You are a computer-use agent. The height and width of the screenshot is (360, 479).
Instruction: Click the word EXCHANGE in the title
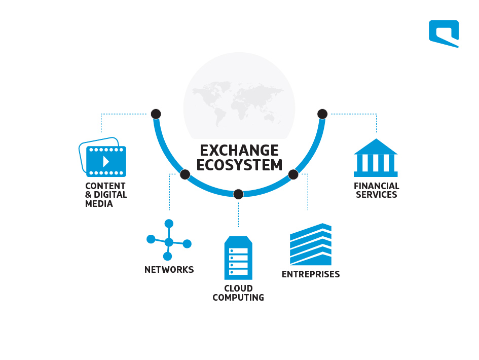(x=239, y=151)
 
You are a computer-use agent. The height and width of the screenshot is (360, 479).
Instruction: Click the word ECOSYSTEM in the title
(x=239, y=165)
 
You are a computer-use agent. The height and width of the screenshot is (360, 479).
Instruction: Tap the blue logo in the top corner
(x=444, y=33)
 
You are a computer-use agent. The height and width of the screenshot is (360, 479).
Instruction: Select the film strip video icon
(x=102, y=157)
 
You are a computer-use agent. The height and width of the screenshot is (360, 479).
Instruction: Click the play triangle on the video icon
(x=106, y=161)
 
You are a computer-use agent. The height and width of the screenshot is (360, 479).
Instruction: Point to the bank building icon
(x=376, y=158)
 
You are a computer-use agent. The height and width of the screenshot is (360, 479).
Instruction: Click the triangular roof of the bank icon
(x=376, y=147)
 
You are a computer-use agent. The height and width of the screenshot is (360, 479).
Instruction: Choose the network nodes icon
(x=169, y=240)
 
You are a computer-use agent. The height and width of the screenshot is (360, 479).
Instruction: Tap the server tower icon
(x=238, y=258)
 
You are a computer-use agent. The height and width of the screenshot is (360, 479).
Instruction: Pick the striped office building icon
(x=311, y=244)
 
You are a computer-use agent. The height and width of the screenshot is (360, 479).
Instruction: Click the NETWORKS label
(x=169, y=270)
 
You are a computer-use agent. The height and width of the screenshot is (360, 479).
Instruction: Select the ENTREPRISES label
(x=311, y=274)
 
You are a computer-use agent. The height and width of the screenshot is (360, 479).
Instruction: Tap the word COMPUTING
(x=238, y=297)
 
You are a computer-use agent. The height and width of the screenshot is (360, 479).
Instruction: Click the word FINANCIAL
(x=376, y=186)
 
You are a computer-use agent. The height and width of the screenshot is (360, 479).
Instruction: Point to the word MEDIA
(x=99, y=203)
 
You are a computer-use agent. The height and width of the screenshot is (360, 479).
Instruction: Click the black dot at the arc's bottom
(x=238, y=194)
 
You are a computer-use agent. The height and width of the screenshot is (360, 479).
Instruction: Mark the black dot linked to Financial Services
(x=322, y=114)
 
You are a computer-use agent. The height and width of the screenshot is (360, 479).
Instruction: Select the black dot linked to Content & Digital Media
(x=156, y=114)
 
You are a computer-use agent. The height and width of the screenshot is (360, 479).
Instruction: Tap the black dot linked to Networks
(x=185, y=174)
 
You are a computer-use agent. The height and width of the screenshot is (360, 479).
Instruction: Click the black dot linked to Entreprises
(x=293, y=174)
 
